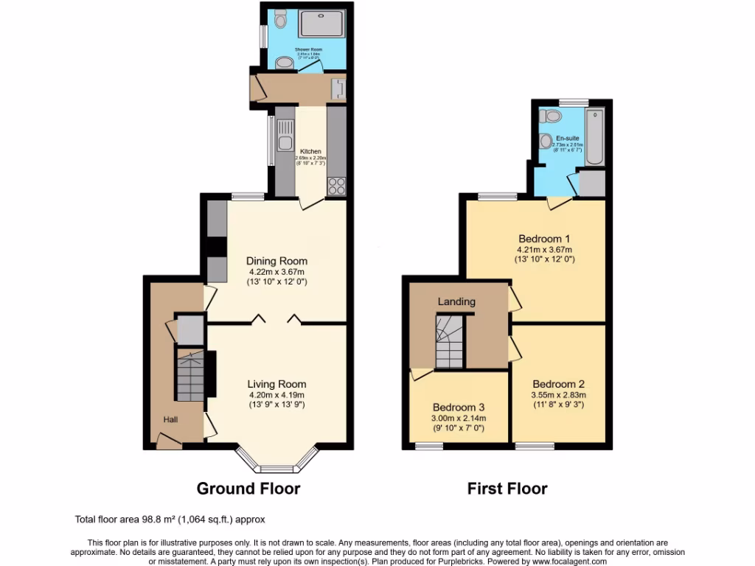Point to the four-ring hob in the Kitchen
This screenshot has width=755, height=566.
(336, 186)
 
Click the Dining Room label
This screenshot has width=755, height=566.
(276, 261)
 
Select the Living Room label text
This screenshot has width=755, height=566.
(276, 384)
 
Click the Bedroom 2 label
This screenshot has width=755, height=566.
(558, 384)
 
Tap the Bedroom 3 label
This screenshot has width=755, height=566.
(459, 408)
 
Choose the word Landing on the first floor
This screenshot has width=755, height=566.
(456, 301)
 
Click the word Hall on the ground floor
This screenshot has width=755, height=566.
(170, 419)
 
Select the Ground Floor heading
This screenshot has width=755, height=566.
(248, 489)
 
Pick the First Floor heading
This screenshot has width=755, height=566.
(507, 489)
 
